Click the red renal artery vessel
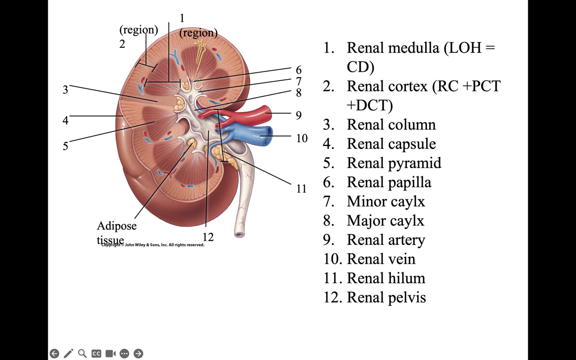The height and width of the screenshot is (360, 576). click(255, 115)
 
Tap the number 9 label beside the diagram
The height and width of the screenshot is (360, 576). click(298, 115)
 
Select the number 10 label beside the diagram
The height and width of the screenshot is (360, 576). click(301, 139)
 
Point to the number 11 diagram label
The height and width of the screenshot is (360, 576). click(301, 189)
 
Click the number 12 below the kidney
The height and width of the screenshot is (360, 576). click(208, 237)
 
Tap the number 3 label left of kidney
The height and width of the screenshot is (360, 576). click(65, 90)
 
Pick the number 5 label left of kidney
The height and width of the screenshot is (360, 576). click(65, 146)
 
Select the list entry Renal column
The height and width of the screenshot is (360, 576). click(391, 125)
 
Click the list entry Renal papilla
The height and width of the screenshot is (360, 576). click(389, 182)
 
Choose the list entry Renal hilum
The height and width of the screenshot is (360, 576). click(386, 278)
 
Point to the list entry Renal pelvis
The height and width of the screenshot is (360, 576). click(386, 297)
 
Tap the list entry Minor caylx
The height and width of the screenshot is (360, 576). click(386, 202)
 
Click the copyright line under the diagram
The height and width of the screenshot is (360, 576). click(153, 245)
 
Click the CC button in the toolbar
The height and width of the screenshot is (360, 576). click(96, 354)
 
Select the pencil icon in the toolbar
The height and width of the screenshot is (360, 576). click(68, 354)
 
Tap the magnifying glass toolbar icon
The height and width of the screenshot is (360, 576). click(82, 354)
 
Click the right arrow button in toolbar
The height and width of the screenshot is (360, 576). click(138, 354)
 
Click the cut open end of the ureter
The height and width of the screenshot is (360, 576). click(239, 234)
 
